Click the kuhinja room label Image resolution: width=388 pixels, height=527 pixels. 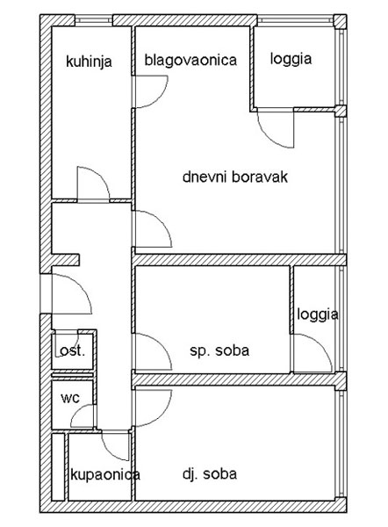coord(89,61)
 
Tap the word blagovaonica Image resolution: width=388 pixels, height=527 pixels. coord(190,60)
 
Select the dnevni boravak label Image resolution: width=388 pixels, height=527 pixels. coord(235,177)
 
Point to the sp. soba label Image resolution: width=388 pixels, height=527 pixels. coord(219,350)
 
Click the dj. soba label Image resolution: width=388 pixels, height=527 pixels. coord(210,474)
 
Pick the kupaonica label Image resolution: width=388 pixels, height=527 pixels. coord(105,475)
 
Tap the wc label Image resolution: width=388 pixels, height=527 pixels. coord(70,398)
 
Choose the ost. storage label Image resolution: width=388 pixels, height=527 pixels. coord(72,351)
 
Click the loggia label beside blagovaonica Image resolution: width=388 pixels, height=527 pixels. coord(291,59)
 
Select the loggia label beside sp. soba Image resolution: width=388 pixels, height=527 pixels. coord(318,315)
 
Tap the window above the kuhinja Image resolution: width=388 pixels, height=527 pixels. coord(93,20)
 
